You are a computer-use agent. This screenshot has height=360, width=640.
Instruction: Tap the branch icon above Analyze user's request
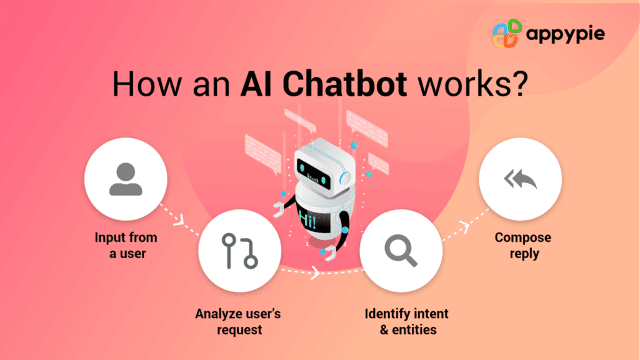coord(240,251)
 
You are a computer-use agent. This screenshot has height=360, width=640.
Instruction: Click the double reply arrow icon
coord(520,181)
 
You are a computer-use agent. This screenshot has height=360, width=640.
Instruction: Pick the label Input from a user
coord(126,246)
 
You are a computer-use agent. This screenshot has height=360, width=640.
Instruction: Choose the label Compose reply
coord(523,246)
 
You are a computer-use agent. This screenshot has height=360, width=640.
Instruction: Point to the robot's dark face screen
coord(316,168)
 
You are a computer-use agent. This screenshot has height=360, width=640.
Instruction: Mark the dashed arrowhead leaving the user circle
coord(179,220)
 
